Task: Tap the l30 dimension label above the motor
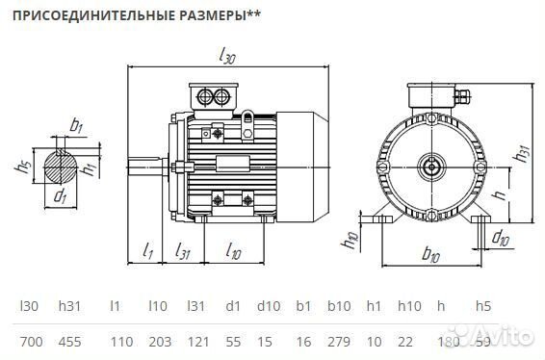[227, 57]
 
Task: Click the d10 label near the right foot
[501, 238]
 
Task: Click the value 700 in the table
[30, 342]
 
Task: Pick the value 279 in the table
[339, 342]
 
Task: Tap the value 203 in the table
[161, 342]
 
